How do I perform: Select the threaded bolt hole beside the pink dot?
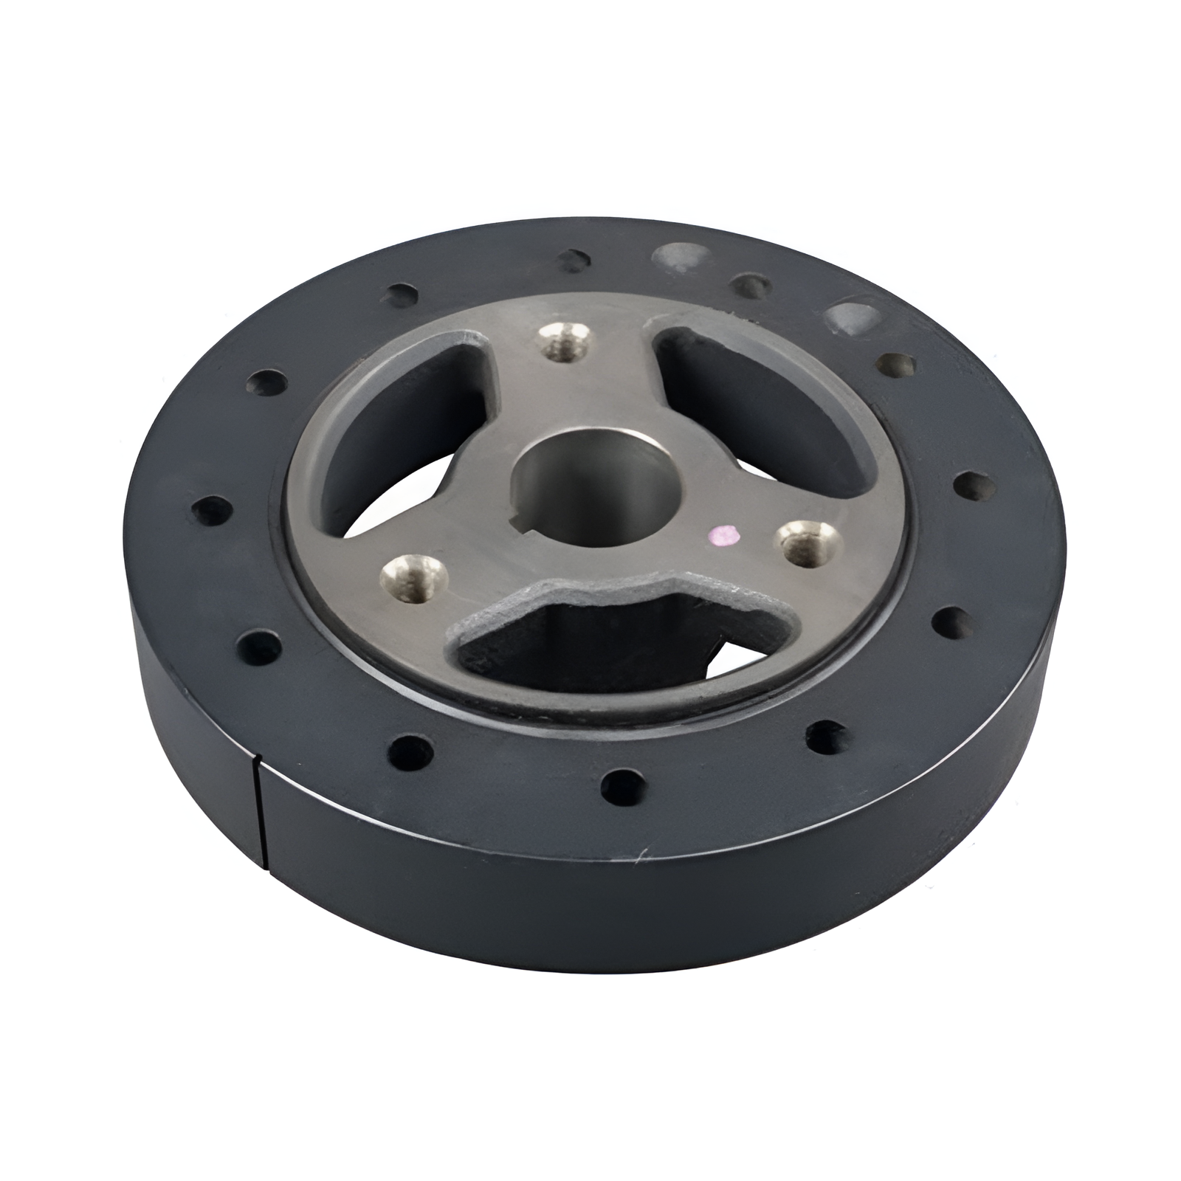tap(810, 543)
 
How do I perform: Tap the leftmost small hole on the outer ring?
tap(209, 509)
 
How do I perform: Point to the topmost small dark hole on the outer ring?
tap(572, 259)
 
